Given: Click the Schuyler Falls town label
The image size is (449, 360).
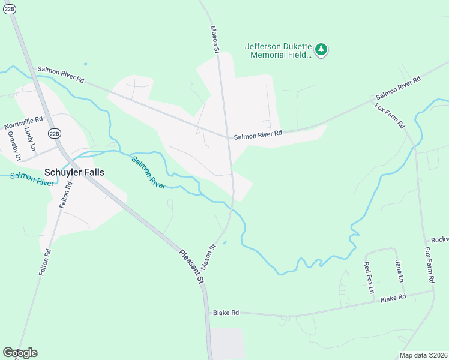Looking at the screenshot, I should click(x=74, y=172).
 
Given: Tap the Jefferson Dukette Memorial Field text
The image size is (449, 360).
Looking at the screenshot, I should click(x=279, y=50).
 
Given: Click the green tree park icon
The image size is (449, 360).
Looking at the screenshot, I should click(x=321, y=49).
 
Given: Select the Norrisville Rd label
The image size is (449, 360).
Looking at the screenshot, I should click(x=23, y=122).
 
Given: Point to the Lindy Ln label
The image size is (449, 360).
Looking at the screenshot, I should click(x=30, y=139).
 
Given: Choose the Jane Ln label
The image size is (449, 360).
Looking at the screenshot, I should click(x=399, y=271).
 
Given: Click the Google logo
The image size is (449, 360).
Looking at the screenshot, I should click(x=20, y=352).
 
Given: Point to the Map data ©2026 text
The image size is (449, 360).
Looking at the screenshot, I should click(x=423, y=355).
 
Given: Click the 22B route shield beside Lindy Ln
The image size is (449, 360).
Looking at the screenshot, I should click(x=55, y=133).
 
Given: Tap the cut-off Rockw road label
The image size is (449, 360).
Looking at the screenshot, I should click(x=439, y=239).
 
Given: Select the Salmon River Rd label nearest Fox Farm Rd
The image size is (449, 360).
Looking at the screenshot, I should click(x=397, y=88).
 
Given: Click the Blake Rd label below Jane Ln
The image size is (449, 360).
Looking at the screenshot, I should click(x=393, y=298).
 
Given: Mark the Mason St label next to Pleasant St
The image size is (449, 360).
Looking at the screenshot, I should click(x=208, y=256).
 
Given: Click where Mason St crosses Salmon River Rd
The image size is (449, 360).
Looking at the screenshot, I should click(x=228, y=137).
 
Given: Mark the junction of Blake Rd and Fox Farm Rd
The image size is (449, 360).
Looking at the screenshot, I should click(x=432, y=292).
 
